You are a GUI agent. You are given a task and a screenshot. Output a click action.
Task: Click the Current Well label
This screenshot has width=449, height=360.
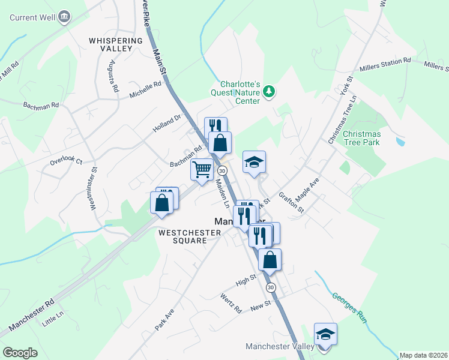coord(34,17)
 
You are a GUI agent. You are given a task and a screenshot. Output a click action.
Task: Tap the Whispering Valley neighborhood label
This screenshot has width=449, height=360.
coord(116,44)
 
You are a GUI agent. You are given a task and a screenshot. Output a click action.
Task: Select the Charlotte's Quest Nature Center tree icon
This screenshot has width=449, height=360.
coord(270,91)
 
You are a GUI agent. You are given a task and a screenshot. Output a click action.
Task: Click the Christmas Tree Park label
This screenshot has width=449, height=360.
coord(362,138)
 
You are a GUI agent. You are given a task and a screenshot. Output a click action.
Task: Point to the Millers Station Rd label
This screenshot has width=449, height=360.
coord(385,65)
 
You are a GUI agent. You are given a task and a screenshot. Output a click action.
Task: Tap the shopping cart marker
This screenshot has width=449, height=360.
coord(202,169)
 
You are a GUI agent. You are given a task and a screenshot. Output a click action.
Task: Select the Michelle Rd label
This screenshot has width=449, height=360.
coord(146,90)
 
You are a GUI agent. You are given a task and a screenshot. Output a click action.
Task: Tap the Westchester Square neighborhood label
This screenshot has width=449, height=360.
coord(182,236)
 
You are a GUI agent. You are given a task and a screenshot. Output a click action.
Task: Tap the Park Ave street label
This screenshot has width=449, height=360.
coord(164,320)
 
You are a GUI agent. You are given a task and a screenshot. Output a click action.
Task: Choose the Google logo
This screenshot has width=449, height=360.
coord(20,352)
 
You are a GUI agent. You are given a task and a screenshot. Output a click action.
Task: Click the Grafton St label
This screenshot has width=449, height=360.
coord(292,203)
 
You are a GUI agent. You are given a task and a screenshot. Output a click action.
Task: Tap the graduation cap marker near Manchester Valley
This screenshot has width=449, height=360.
coord(325,334)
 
